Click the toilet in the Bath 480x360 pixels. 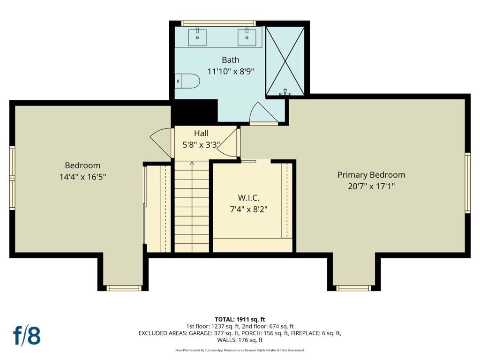(187, 81)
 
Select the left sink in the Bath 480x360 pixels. (197, 37)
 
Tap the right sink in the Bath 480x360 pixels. (247, 37)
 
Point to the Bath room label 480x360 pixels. (231, 60)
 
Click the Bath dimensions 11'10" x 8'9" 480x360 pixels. (231, 71)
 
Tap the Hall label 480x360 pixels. (201, 133)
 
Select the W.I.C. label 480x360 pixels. (248, 198)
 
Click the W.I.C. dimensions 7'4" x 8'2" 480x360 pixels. (248, 210)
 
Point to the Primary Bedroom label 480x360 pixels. (371, 175)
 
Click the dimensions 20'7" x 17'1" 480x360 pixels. (371, 186)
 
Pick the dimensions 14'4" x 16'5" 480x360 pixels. (82, 177)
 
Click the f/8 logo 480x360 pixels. (27, 336)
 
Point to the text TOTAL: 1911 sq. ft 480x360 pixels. (240, 320)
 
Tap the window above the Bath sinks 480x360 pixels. (218, 23)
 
